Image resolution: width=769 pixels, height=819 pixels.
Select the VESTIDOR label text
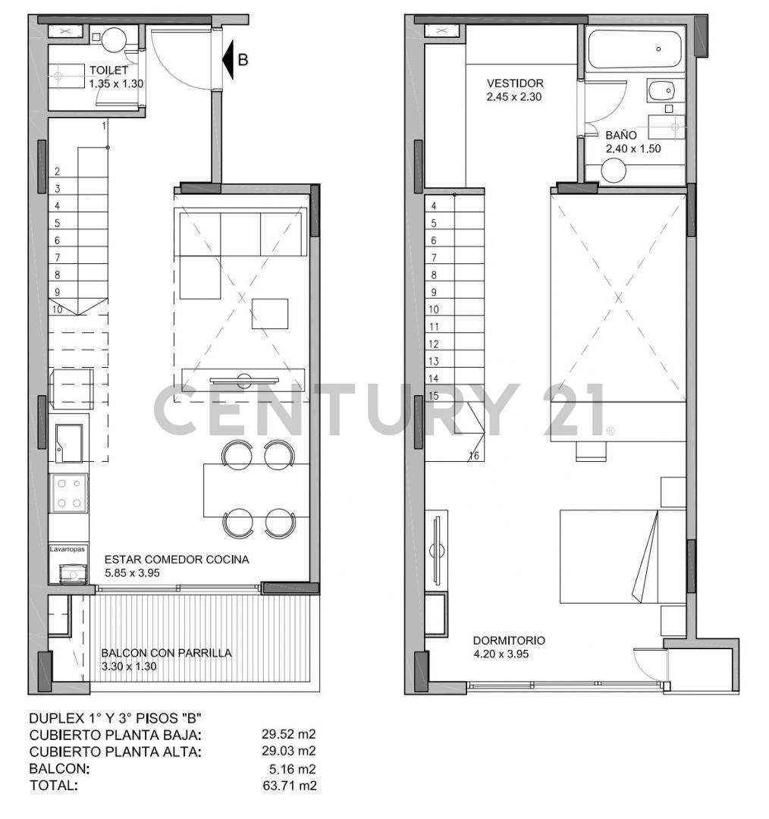515,83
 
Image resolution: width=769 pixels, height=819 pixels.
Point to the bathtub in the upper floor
635,49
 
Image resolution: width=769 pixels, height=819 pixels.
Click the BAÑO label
621,135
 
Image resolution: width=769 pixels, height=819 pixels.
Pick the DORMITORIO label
508,640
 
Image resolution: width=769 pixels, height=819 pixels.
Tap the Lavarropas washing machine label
67,548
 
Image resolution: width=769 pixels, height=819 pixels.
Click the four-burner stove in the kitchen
68,493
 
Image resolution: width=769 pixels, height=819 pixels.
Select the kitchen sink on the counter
69,442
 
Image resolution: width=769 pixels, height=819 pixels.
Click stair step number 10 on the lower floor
58,309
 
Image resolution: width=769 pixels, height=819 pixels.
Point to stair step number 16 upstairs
474,456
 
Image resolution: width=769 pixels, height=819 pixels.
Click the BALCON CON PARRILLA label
166,653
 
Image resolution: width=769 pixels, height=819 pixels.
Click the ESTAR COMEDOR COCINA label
176,560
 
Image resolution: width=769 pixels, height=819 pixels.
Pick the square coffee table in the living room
269,314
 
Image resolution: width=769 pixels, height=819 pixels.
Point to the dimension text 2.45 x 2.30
513,96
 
